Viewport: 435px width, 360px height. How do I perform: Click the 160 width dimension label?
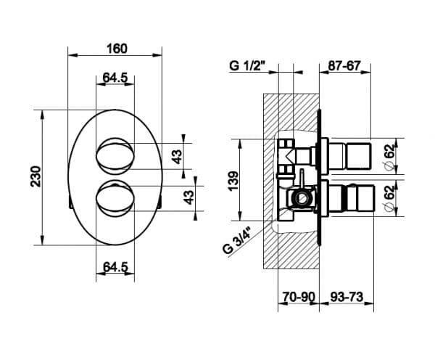[117, 49]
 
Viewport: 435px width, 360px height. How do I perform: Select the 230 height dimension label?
[36, 176]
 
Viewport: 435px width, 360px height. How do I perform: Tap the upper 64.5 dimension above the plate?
[115, 78]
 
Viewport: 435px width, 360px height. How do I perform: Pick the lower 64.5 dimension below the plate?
[115, 267]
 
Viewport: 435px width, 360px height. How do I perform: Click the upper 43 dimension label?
[177, 157]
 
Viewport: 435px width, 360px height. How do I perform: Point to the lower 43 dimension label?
[189, 197]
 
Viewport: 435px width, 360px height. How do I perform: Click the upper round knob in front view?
[115, 156]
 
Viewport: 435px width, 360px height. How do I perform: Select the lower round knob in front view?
[115, 198]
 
